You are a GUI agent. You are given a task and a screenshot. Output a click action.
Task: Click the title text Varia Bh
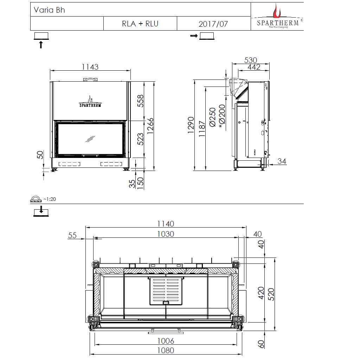click(x=49, y=10)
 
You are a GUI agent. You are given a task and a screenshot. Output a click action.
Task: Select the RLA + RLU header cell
click(x=140, y=24)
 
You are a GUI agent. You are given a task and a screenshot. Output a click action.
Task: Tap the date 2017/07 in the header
click(x=213, y=24)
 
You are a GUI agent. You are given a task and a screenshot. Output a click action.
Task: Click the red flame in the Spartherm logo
click(x=276, y=11)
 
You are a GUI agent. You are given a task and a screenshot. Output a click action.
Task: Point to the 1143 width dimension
click(x=90, y=67)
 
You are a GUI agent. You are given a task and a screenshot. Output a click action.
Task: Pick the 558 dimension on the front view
click(x=140, y=101)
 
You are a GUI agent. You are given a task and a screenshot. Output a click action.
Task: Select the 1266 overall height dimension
click(x=150, y=126)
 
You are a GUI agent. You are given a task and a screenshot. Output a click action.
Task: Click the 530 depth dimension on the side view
click(x=251, y=60)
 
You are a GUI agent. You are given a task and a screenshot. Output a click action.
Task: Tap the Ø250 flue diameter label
click(x=212, y=117)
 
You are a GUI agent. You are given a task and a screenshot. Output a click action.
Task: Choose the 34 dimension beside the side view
click(x=282, y=161)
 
